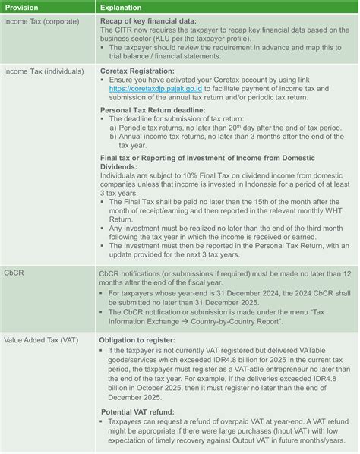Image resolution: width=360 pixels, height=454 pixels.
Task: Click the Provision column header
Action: click(x=22, y=6)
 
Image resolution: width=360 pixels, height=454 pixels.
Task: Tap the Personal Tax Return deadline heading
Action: click(x=156, y=110)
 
